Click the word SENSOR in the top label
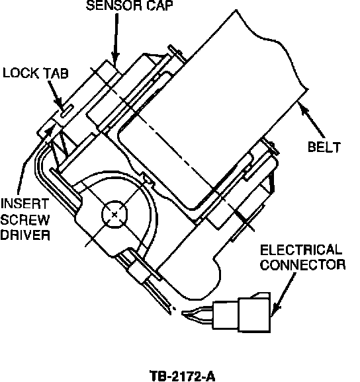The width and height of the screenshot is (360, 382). pyautogui.click(x=114, y=5)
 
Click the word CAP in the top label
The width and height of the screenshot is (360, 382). pyautogui.click(x=159, y=5)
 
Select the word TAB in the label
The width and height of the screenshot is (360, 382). pyautogui.click(x=56, y=73)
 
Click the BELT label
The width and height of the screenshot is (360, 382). pyautogui.click(x=324, y=147)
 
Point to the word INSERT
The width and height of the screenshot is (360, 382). pyautogui.click(x=24, y=204)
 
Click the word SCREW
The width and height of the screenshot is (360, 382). pyautogui.click(x=25, y=219)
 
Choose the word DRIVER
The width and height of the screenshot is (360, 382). pyautogui.click(x=25, y=235)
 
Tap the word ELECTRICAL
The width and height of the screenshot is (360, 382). pyautogui.click(x=301, y=250)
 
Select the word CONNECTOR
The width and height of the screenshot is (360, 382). pyautogui.click(x=302, y=264)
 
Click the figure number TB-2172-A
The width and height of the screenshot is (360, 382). pyautogui.click(x=182, y=376)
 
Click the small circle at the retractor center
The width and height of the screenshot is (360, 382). pyautogui.click(x=114, y=214)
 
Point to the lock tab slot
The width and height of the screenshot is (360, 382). pyautogui.click(x=67, y=111)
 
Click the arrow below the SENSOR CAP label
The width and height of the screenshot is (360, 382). pyautogui.click(x=116, y=40)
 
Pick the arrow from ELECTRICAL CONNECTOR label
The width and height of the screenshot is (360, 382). pyautogui.click(x=283, y=295)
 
